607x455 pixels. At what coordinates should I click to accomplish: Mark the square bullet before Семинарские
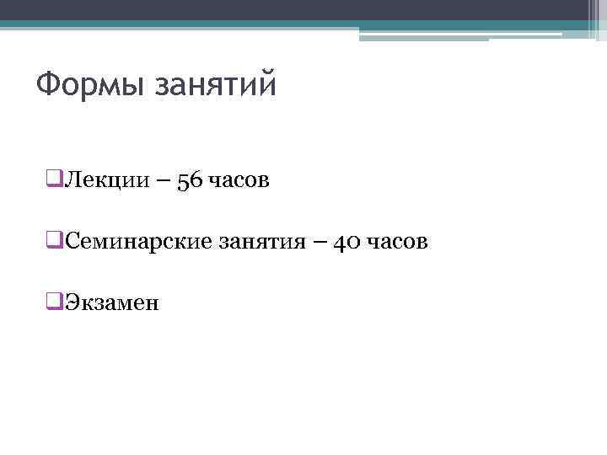(x=56, y=242)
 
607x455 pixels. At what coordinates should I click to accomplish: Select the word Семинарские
(x=138, y=242)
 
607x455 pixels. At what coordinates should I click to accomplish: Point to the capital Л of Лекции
(x=73, y=180)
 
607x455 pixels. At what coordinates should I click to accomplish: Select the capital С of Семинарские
(x=73, y=242)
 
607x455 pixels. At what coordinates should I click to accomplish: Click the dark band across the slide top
(x=295, y=10)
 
